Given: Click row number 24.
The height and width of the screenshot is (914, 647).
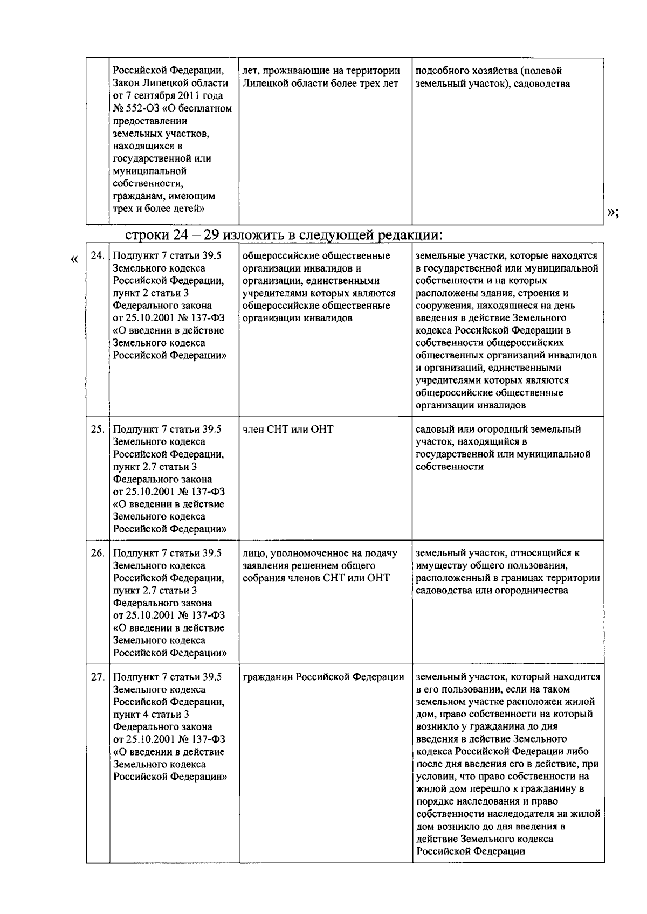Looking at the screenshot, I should click(97, 256).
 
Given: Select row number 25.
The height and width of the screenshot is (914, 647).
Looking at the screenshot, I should click(97, 430).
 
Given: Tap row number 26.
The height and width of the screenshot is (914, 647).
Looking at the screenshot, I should click(97, 553).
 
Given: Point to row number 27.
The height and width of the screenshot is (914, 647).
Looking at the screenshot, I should click(97, 677).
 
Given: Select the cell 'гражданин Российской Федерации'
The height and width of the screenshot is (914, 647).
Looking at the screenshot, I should click(323, 677).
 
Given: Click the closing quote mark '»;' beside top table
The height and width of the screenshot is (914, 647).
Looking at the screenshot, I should click(612, 212).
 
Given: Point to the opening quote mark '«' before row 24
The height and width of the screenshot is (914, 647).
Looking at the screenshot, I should click(74, 259).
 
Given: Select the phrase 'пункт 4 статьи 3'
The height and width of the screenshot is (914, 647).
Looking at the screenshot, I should click(151, 715).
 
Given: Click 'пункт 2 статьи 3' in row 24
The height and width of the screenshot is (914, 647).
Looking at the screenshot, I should click(151, 293).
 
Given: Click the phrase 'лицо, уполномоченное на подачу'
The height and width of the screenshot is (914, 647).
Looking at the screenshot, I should click(320, 553).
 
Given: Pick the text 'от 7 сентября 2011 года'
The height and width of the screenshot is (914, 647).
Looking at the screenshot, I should click(168, 96).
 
